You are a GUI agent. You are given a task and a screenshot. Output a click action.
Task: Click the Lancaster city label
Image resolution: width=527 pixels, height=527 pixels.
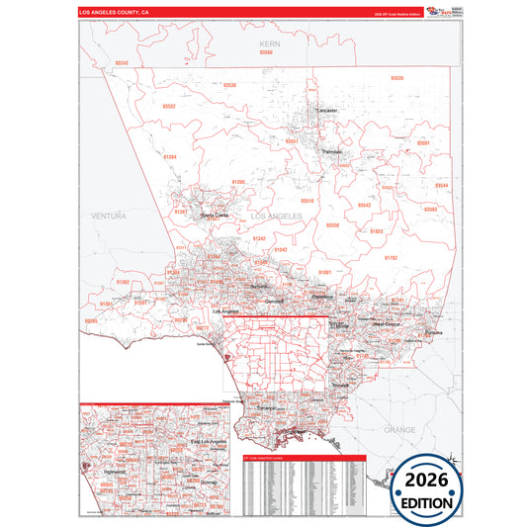click(327, 110)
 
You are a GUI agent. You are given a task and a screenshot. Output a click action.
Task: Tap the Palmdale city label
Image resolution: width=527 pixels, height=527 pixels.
click(332, 151)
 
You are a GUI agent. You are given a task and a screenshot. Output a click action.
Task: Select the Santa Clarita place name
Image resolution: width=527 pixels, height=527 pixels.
click(214, 214)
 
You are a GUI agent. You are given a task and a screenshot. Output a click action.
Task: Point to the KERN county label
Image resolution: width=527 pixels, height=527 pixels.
click(265, 44)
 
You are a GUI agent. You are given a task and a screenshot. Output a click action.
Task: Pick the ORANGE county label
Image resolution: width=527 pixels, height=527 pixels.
click(400, 430)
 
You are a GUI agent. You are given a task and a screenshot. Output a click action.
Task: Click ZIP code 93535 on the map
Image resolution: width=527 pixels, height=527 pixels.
click(396, 77)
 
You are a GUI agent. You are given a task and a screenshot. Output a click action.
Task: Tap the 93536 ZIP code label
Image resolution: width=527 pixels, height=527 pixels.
click(230, 85)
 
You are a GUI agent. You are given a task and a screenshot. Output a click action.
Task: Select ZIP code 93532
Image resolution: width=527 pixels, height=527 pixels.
click(169, 106)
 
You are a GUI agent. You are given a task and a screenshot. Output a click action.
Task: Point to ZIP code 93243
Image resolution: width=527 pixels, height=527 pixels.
click(122, 63)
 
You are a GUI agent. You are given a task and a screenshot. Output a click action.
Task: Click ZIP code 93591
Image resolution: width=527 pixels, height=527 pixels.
click(423, 143)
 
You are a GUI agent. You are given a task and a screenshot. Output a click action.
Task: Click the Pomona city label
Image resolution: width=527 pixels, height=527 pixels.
click(433, 333)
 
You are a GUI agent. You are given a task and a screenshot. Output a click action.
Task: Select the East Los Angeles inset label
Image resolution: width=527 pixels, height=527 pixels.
click(209, 441)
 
